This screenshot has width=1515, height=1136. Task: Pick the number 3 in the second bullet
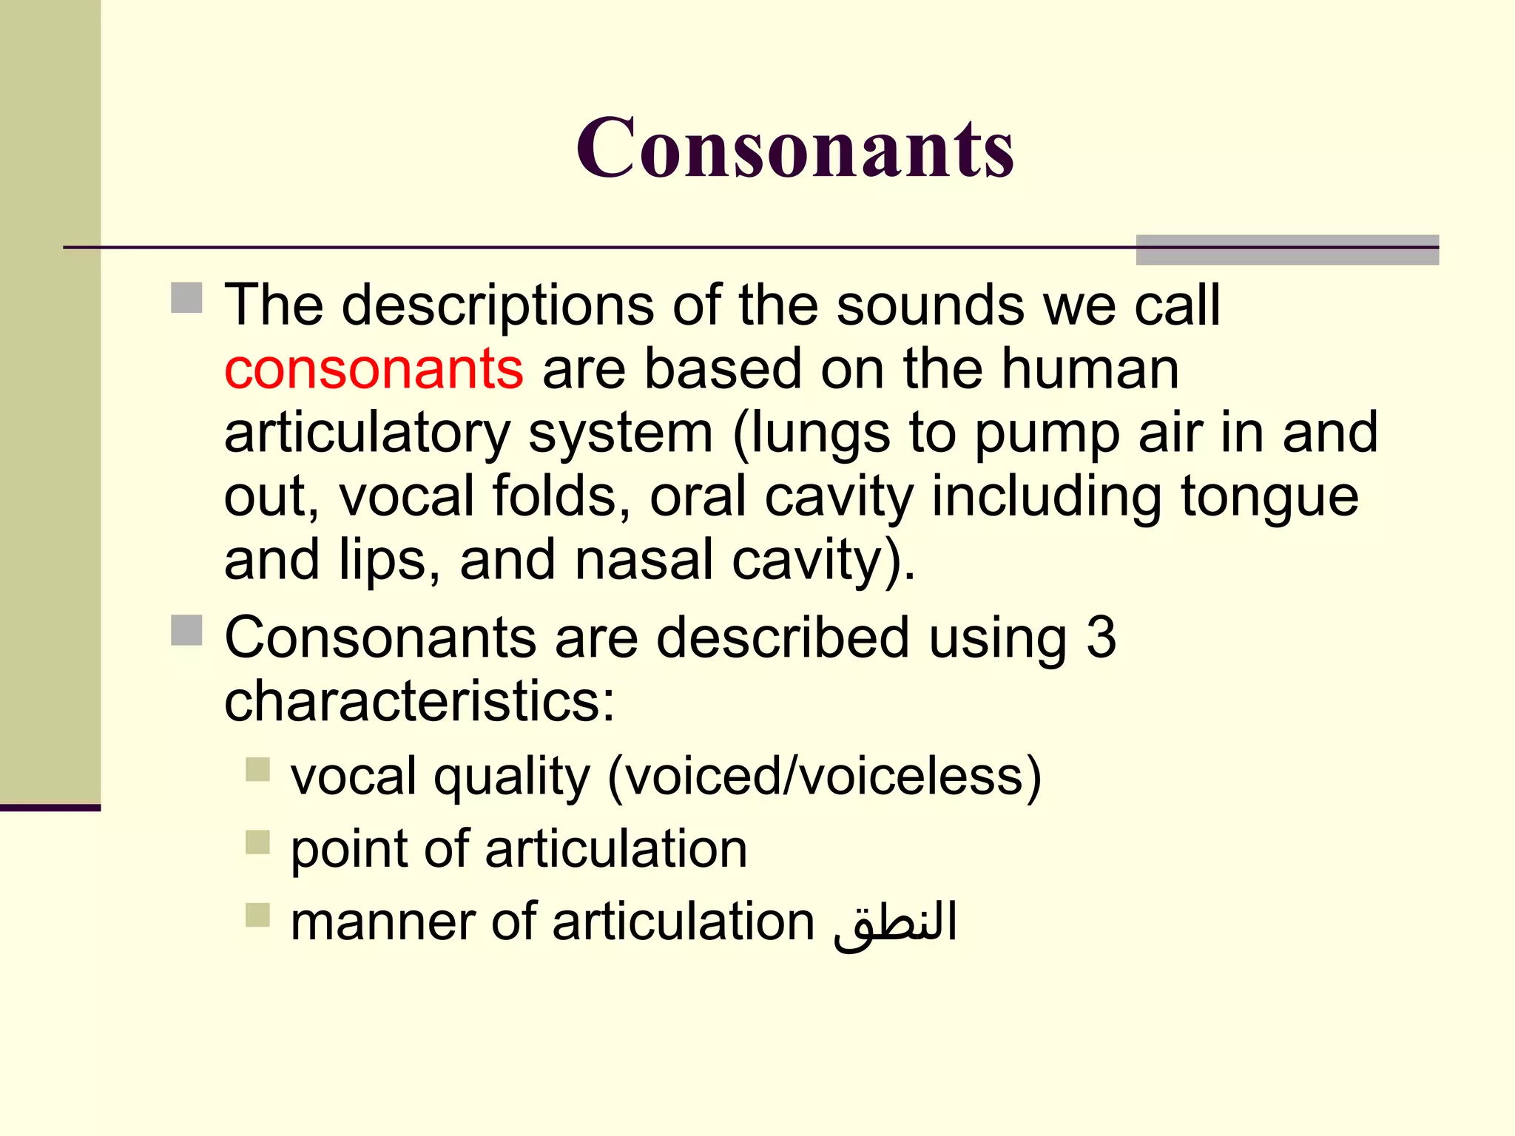[x=1101, y=638]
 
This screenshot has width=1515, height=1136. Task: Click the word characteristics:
[x=419, y=701]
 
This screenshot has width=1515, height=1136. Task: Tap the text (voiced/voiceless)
[x=824, y=777]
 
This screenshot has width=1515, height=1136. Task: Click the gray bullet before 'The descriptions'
[x=186, y=298]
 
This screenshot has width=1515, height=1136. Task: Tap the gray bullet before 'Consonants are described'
[x=186, y=630]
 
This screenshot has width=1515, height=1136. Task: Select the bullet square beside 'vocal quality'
[x=257, y=769]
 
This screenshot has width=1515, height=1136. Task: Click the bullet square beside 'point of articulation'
[x=257, y=842]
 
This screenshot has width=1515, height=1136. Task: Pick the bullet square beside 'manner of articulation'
[x=257, y=915]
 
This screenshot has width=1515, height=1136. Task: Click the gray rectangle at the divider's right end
[x=1287, y=250]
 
